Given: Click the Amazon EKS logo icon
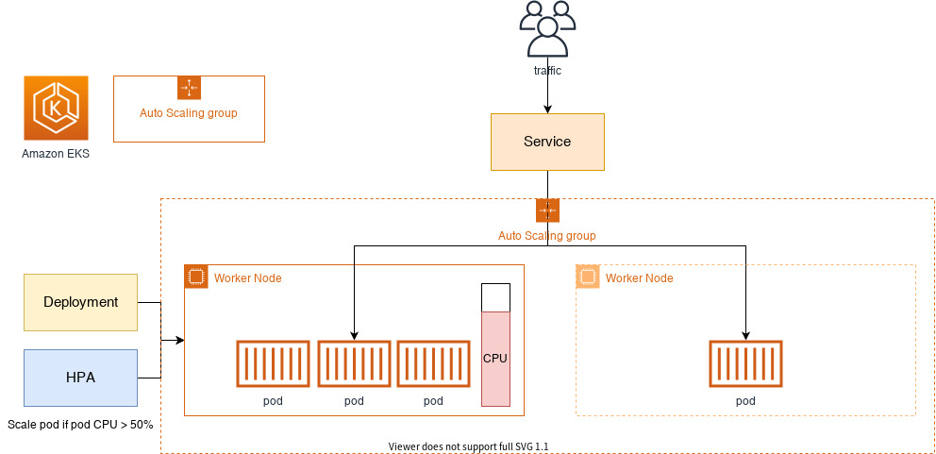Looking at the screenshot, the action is tap(56, 109).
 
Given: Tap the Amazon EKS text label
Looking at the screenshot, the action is tap(56, 154).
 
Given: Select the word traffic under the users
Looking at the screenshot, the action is tap(547, 71).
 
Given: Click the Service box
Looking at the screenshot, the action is tap(547, 142).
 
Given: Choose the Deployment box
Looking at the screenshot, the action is tap(80, 302).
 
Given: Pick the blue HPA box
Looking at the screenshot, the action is tap(80, 378).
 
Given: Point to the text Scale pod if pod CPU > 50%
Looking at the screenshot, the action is tap(80, 426).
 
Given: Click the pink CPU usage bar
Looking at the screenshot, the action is tap(495, 359).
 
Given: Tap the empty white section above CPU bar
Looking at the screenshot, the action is tap(495, 297).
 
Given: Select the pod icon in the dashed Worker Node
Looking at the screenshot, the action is tap(745, 363).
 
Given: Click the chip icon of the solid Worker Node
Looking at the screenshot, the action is tap(196, 277).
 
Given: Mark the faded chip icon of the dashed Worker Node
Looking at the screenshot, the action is tap(588, 277).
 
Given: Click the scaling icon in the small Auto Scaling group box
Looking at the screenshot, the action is tap(190, 87).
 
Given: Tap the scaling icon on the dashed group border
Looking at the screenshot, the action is tap(547, 210).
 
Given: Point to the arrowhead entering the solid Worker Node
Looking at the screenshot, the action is tap(180, 341).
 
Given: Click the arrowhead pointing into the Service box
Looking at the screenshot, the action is tap(547, 109).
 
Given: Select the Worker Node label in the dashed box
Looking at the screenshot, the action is tap(640, 278).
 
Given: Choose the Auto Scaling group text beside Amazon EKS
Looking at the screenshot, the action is tap(189, 113).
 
